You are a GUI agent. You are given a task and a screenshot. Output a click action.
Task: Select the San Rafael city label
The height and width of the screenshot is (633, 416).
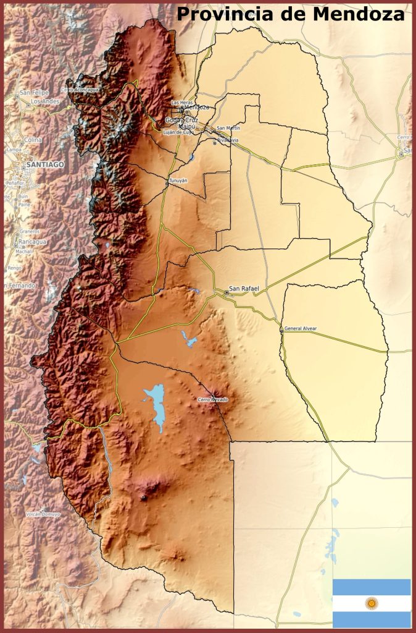244,289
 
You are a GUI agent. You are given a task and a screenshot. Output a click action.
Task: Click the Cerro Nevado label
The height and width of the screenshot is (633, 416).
213,400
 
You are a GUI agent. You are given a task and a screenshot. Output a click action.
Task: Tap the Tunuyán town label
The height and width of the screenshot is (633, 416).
178,181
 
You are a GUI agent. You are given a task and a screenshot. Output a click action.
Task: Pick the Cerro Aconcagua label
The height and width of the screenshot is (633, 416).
83,90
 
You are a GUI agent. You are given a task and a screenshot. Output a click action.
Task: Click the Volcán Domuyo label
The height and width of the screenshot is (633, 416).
43,514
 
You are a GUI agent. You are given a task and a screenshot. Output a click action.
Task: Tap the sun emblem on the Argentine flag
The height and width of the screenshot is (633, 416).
372,603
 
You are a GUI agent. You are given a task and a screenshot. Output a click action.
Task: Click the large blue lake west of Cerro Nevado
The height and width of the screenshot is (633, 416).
156,405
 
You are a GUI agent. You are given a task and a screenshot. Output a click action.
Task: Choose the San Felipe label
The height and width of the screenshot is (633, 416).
34,92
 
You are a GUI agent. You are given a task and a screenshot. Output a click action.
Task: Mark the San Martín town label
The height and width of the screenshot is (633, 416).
228,128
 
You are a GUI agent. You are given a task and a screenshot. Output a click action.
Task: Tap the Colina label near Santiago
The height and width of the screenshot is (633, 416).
33,140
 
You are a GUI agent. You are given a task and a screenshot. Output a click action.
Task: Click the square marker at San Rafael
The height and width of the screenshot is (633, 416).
226,292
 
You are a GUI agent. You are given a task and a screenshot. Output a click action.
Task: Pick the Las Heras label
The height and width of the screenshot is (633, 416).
182,102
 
